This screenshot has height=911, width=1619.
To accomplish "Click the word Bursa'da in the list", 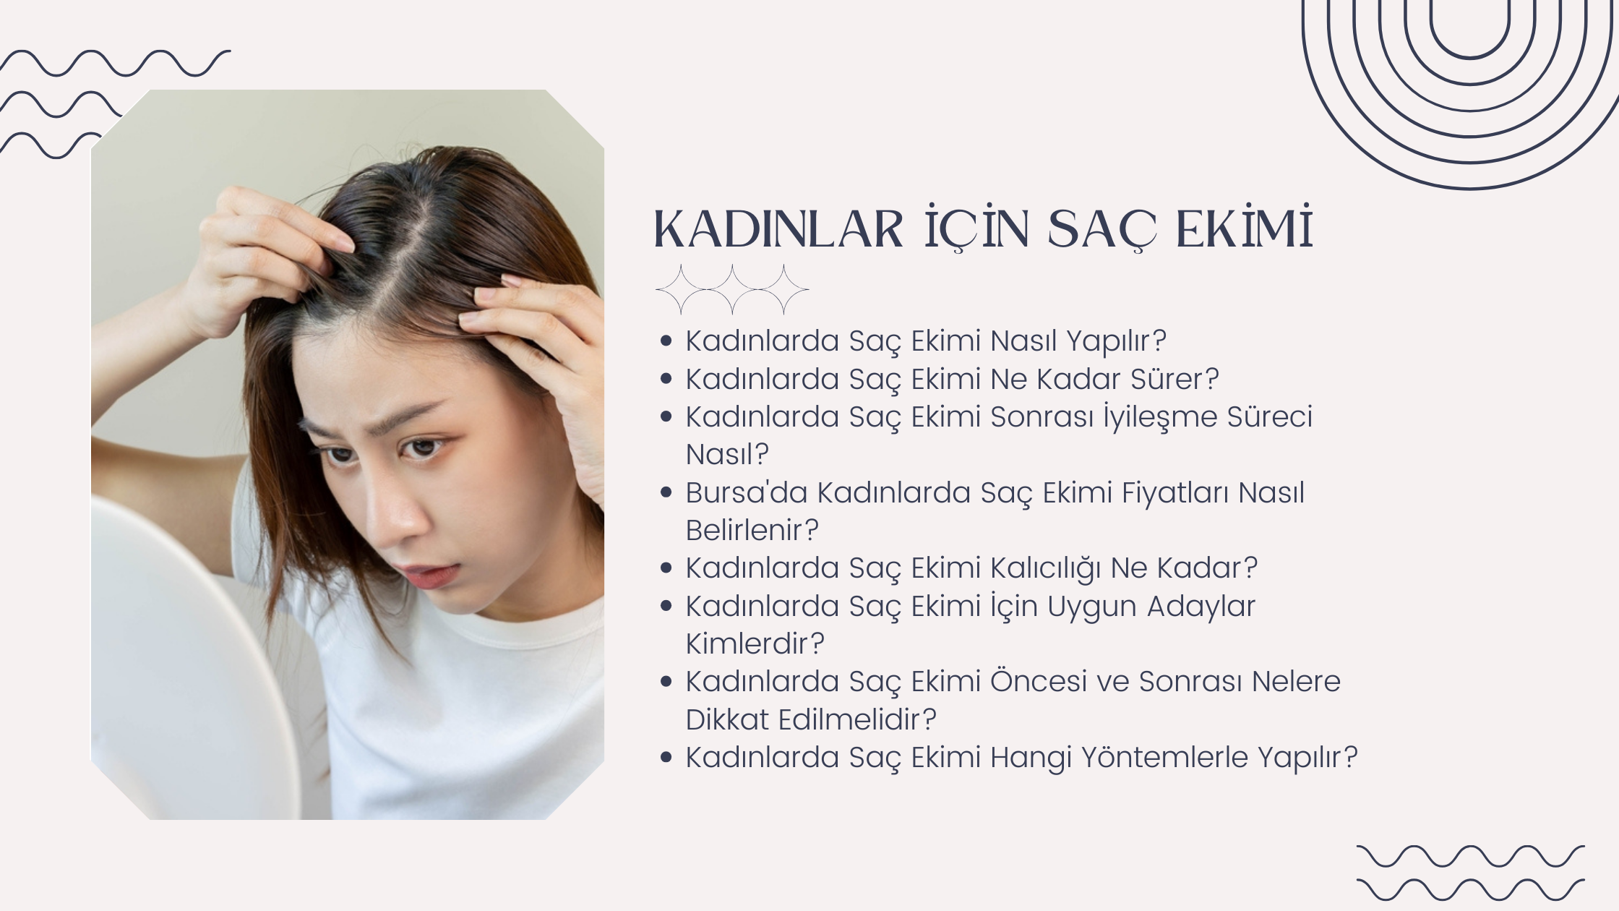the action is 747,492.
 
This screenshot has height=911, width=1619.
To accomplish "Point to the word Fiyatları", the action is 1174,492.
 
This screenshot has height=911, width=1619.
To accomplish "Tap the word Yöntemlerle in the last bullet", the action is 1164,757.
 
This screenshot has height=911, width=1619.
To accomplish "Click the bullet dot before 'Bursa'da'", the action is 666,493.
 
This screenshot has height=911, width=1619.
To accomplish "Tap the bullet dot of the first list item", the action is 666,341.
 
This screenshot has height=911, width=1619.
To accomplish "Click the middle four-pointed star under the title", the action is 732,289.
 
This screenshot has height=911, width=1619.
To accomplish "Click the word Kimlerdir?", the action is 755,643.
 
